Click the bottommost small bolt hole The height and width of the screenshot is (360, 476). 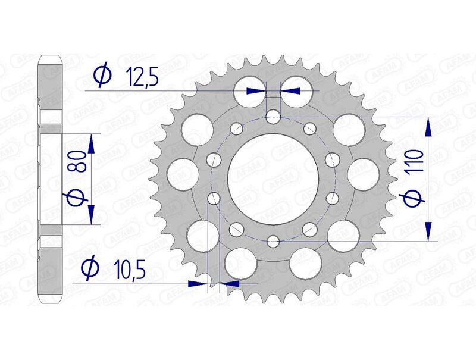[x=273, y=241]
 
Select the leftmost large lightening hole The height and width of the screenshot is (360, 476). [x=183, y=173]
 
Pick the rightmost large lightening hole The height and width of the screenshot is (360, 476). [x=363, y=173]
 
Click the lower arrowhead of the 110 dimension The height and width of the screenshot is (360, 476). [x=428, y=233]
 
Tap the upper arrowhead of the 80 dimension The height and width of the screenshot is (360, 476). [x=91, y=142]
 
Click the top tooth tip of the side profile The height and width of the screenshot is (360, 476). [x=51, y=57]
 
